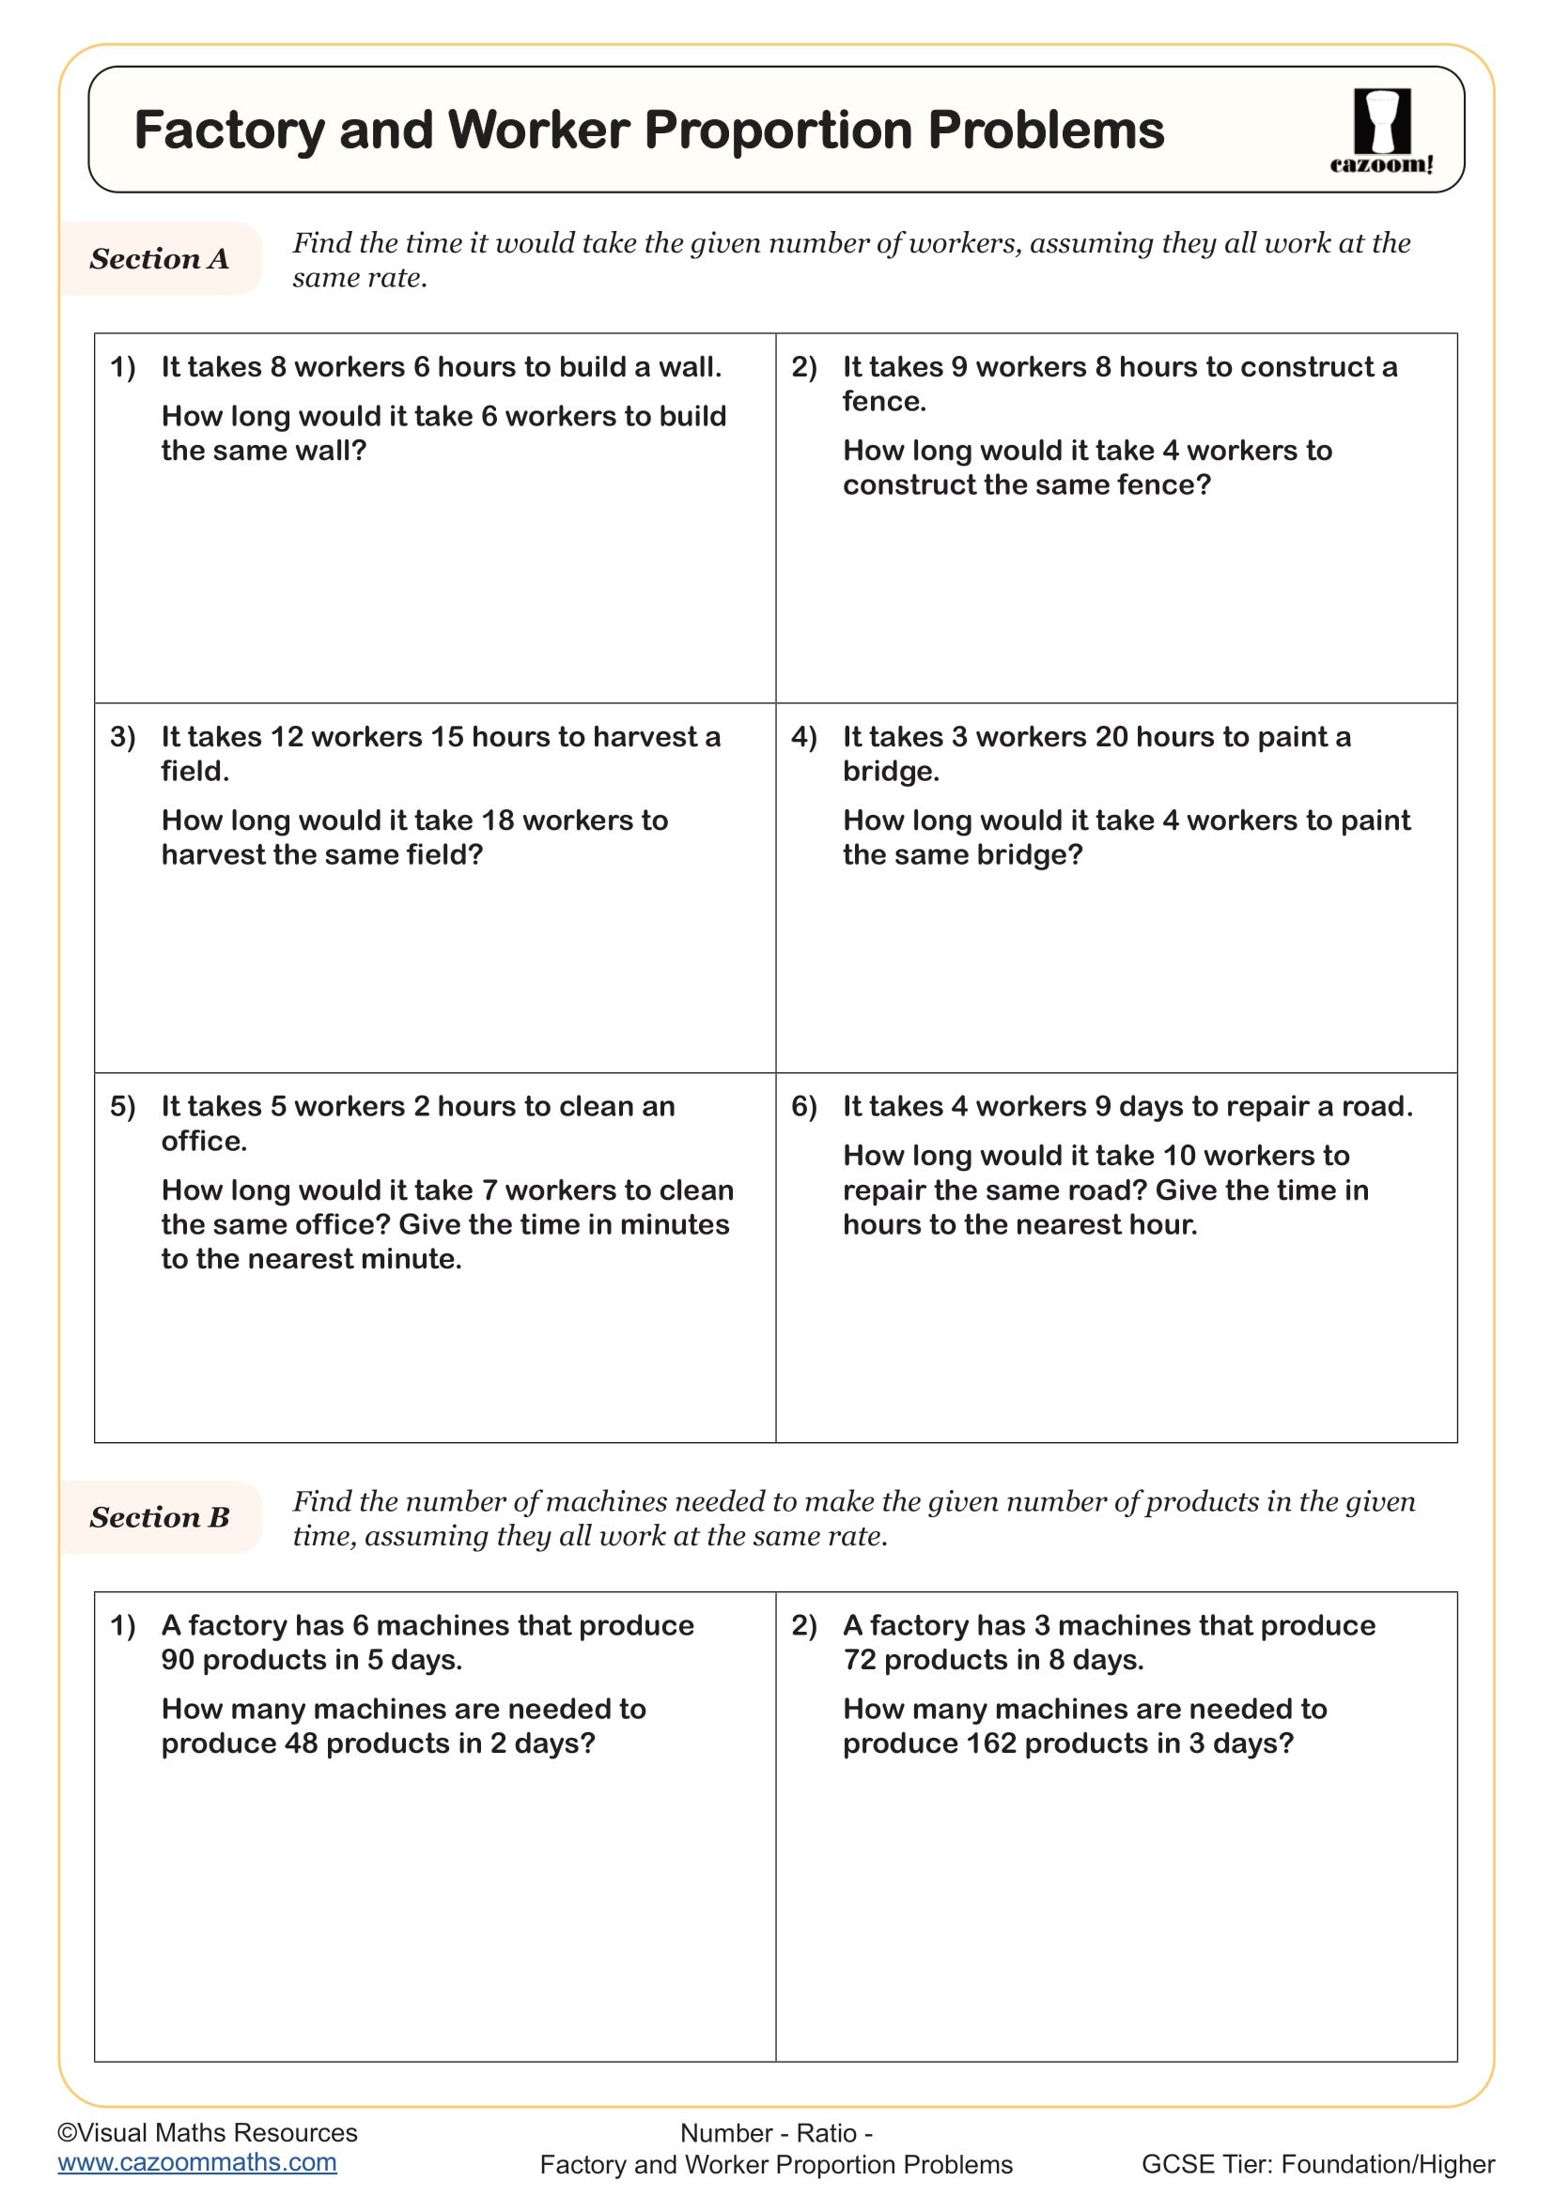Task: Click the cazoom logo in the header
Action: coord(1381,131)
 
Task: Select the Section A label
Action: coord(159,258)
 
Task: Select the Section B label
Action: coord(159,1517)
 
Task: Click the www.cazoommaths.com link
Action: coord(197,2162)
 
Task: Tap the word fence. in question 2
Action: coord(884,401)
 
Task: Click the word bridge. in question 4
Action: coord(891,771)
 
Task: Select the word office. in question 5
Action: coord(204,1140)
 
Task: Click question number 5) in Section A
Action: coord(122,1107)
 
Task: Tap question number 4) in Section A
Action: coord(804,736)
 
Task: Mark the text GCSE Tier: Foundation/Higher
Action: coord(1317,2164)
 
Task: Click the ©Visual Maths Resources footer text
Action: coord(207,2132)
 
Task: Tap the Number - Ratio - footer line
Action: coord(776,2133)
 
